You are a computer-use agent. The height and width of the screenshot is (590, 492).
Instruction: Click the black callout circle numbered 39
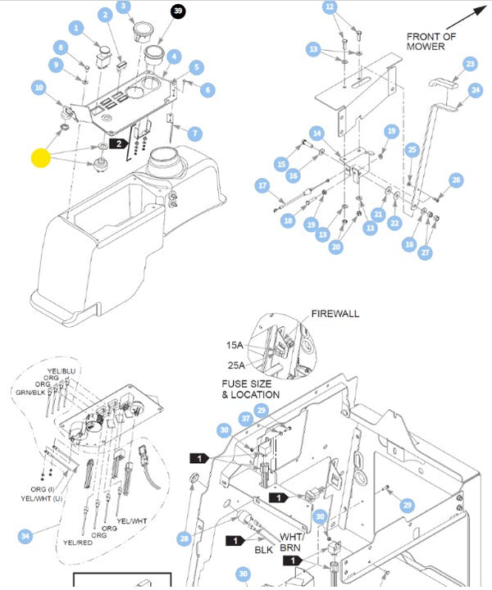(178, 11)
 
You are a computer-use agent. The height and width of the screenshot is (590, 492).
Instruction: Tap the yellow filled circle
(41, 157)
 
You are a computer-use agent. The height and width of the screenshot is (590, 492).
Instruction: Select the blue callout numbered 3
(125, 7)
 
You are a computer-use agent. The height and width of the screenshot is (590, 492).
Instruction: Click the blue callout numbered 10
(39, 88)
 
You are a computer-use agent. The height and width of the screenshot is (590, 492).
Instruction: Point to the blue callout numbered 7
(194, 134)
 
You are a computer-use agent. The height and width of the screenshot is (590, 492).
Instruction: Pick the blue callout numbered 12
(330, 7)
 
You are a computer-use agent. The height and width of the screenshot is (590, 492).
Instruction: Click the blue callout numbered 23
(469, 64)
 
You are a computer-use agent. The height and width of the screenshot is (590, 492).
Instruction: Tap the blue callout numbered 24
(476, 90)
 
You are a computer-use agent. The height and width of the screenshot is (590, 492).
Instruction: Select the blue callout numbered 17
(262, 185)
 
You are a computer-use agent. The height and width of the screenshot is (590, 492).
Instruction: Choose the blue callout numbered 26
(457, 180)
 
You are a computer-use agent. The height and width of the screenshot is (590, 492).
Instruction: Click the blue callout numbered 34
(28, 536)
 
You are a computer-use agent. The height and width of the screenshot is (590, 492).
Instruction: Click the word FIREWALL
(335, 314)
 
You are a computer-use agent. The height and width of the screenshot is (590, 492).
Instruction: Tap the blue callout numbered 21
(378, 214)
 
